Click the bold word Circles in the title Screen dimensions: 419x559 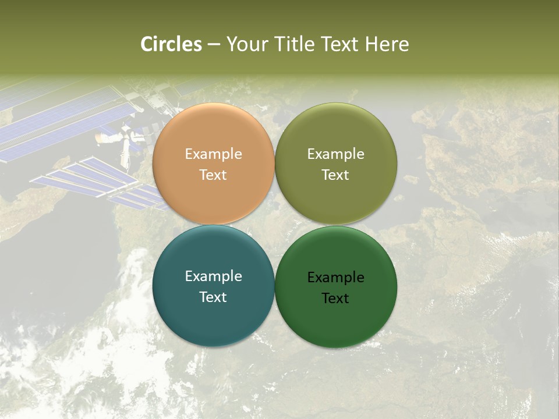(x=171, y=44)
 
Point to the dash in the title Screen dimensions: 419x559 (x=214, y=45)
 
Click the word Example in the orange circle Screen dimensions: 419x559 (x=213, y=154)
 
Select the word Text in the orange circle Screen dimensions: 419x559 (x=213, y=175)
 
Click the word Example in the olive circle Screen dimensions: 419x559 (x=335, y=154)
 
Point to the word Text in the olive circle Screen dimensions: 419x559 (x=335, y=175)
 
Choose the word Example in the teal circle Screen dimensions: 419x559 (x=213, y=276)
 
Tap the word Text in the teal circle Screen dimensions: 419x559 (x=213, y=297)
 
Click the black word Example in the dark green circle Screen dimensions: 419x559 (x=335, y=278)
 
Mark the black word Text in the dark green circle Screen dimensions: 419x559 (x=335, y=299)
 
